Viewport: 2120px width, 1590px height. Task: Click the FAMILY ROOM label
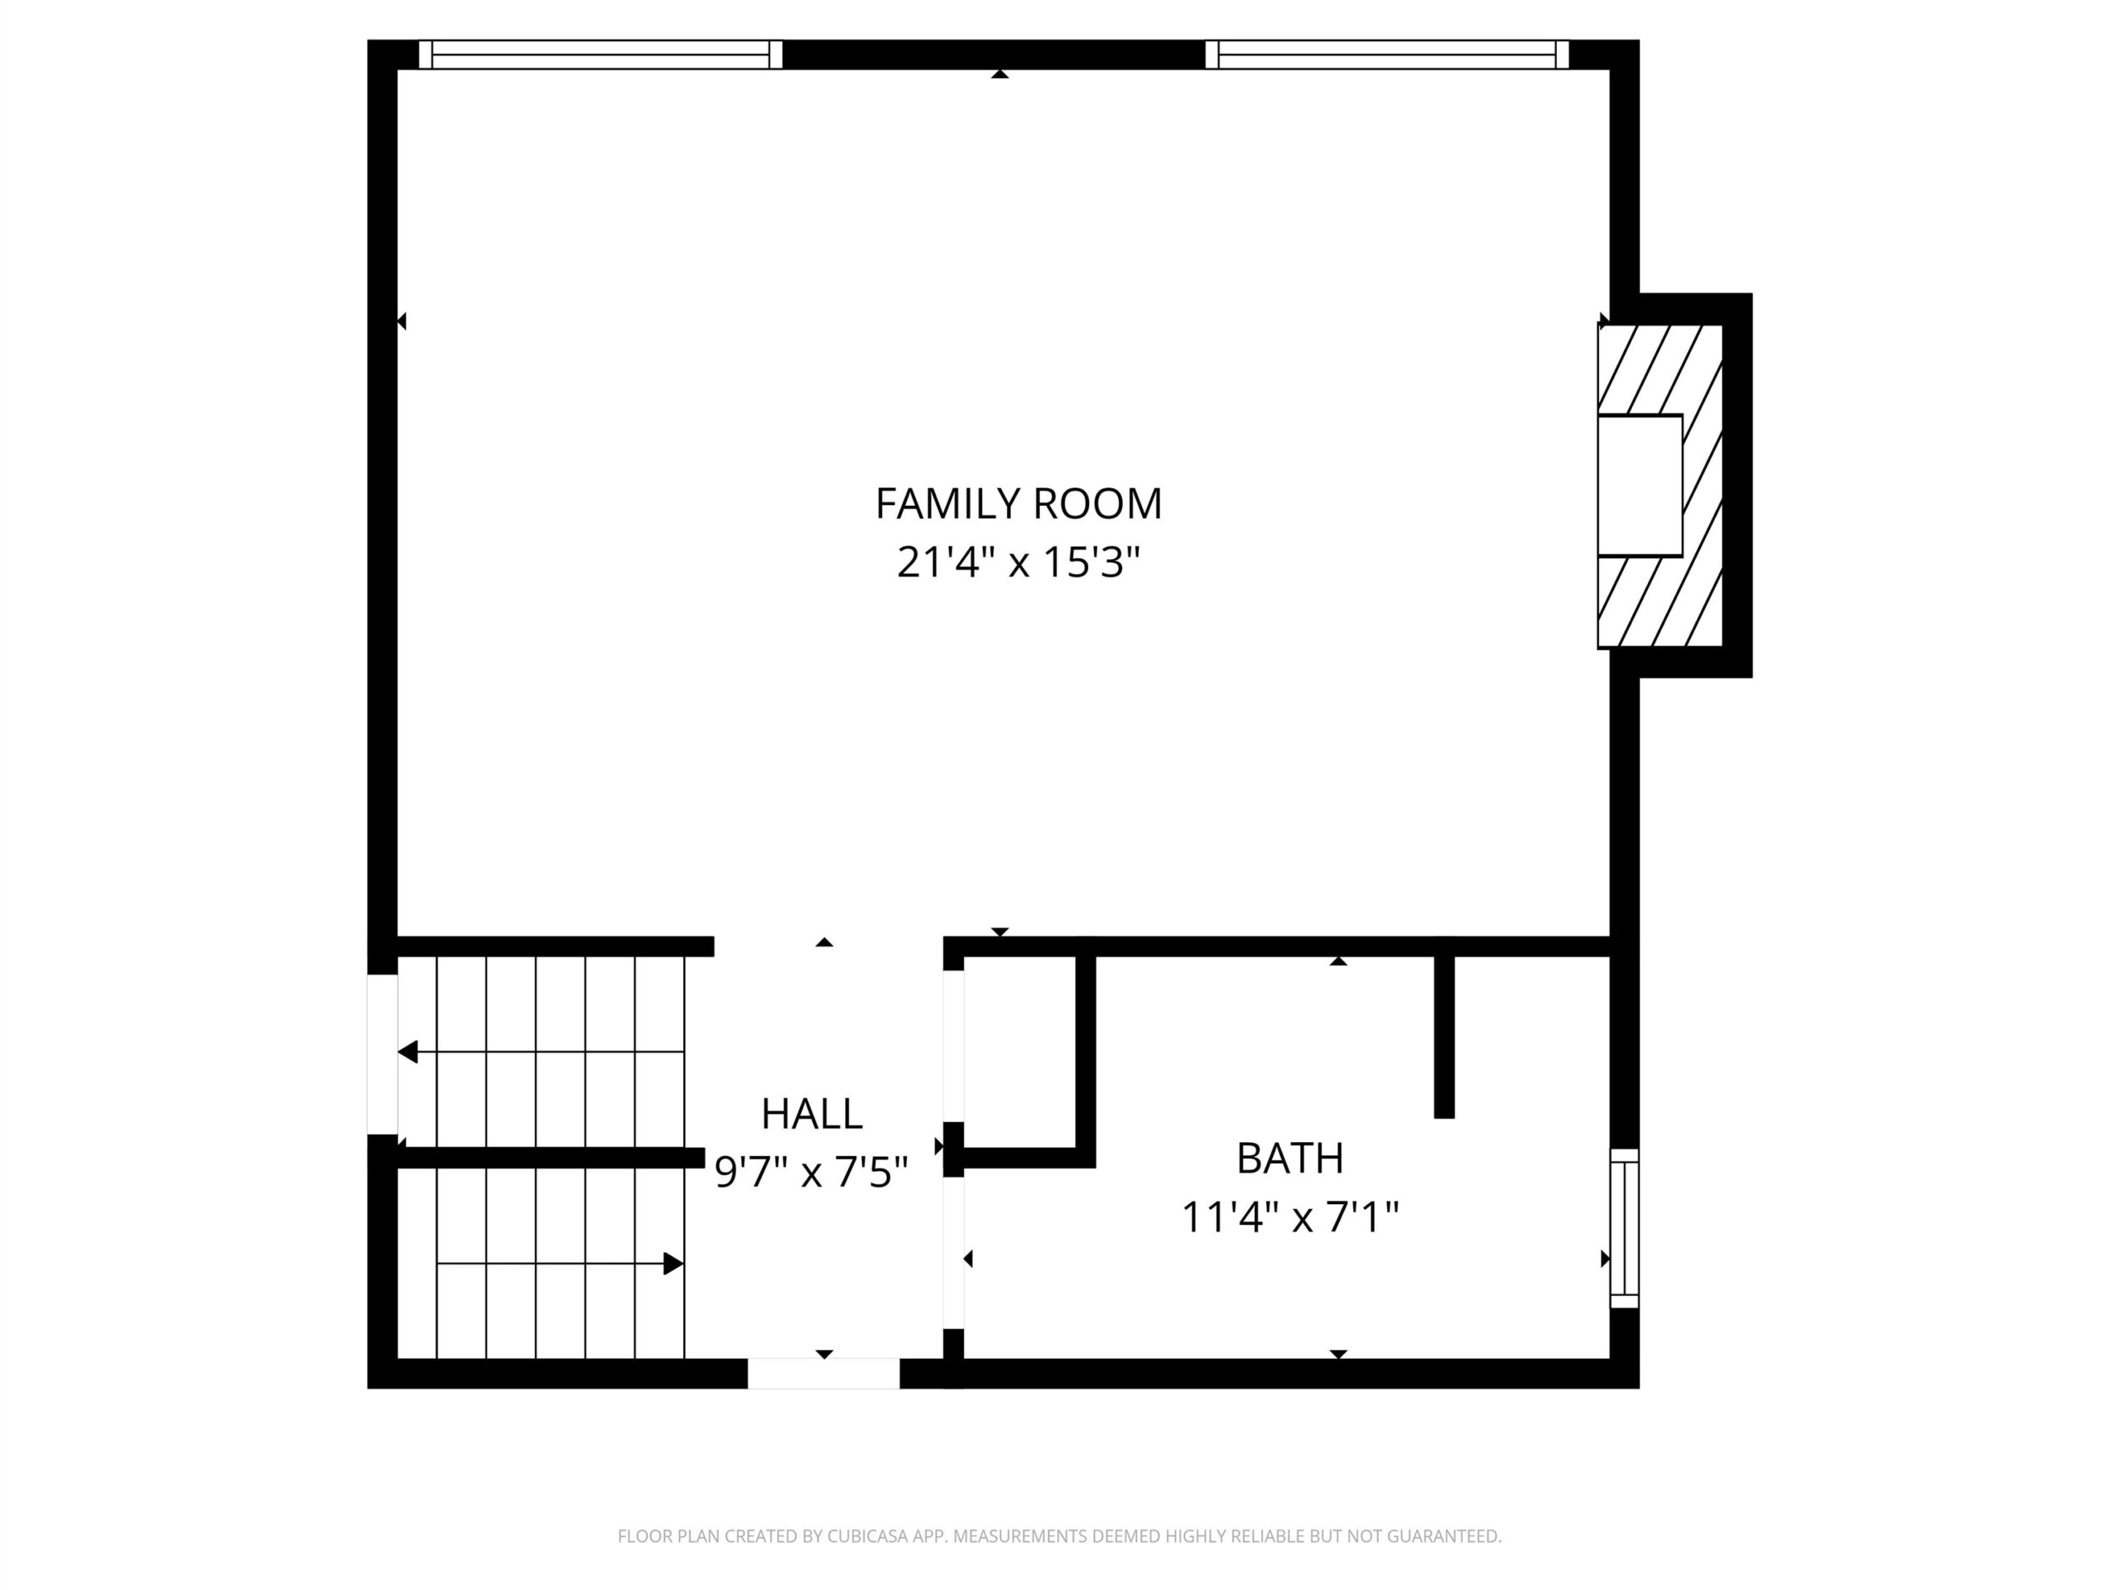(1018, 504)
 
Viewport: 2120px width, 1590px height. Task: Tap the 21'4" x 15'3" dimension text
(1018, 561)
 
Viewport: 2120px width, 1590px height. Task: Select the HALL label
(812, 1114)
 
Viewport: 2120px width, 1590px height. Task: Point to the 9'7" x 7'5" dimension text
(812, 1171)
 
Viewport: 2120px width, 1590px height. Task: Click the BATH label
(1290, 1159)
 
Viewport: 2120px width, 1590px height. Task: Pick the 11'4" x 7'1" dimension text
(1290, 1217)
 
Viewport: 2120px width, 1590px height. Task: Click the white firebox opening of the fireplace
(1640, 485)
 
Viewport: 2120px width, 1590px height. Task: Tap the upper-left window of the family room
(601, 55)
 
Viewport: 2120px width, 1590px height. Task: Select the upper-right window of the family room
(1387, 55)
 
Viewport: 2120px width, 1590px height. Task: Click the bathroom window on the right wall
(1625, 1229)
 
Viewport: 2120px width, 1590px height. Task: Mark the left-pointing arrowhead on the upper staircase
(408, 1053)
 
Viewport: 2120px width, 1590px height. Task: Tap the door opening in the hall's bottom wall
(823, 1373)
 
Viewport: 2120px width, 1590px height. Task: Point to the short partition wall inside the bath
(1444, 1037)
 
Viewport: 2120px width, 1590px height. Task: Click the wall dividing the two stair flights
(551, 1158)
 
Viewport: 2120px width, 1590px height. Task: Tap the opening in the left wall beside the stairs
(383, 1054)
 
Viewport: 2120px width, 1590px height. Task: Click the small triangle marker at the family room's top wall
(1000, 74)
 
